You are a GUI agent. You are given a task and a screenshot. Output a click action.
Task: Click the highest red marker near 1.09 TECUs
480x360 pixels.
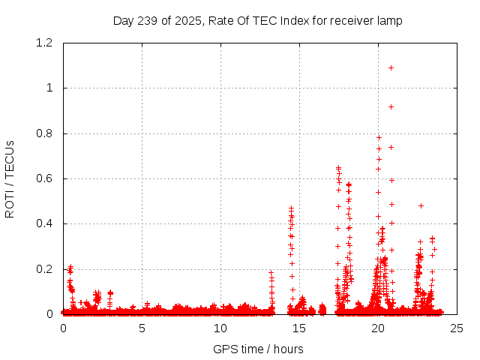pyautogui.click(x=391, y=68)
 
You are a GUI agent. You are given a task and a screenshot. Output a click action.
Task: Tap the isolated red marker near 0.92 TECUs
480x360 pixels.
pyautogui.click(x=391, y=106)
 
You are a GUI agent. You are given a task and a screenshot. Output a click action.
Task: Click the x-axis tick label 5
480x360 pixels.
pyautogui.click(x=142, y=328)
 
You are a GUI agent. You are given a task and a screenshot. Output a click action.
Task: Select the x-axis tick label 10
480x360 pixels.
pyautogui.click(x=220, y=328)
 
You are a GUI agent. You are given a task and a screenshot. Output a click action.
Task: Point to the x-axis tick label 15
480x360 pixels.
pyautogui.click(x=299, y=328)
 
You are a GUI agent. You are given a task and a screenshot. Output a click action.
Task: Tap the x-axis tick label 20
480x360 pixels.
pyautogui.click(x=378, y=328)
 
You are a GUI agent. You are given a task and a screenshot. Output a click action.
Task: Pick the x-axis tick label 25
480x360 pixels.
pyautogui.click(x=457, y=328)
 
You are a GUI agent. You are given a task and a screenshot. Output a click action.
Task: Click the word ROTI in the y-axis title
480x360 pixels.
pyautogui.click(x=10, y=202)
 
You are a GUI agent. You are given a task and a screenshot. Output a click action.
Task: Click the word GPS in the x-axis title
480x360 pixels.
pyautogui.click(x=223, y=349)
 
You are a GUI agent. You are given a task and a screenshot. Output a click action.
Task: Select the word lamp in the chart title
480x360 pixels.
pyautogui.click(x=389, y=21)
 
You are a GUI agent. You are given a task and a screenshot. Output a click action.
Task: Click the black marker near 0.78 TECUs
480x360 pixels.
pyautogui.click(x=379, y=137)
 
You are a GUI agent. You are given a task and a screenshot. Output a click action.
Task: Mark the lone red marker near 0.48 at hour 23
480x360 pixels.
pyautogui.click(x=421, y=205)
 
